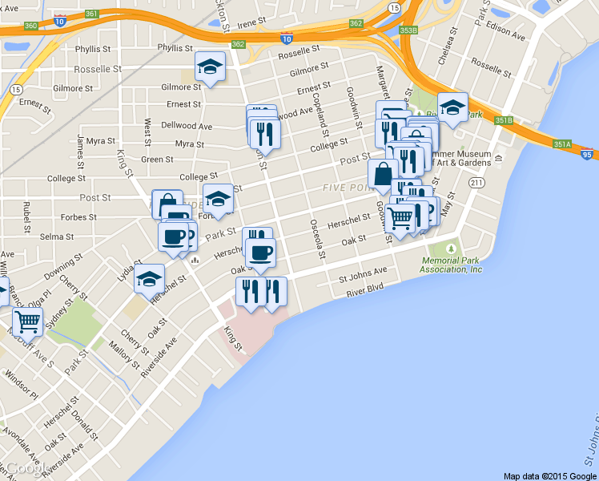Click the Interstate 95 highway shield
588,154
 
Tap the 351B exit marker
503,120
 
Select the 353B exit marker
408,30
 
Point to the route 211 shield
477,184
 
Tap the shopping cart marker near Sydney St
27,321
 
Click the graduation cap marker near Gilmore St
210,68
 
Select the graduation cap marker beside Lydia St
149,279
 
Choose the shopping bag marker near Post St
384,173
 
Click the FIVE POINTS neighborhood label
348,187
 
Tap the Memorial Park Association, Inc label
453,265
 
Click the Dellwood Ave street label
187,127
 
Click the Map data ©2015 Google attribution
549,475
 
